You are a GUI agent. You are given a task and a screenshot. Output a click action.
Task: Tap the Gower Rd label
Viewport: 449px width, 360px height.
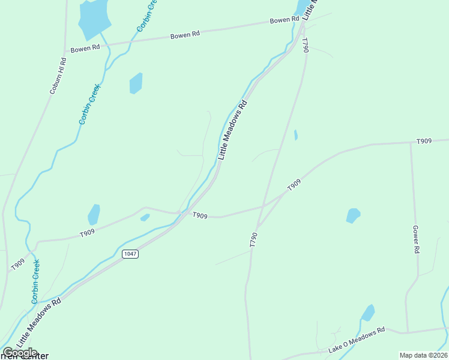pyautogui.click(x=415, y=239)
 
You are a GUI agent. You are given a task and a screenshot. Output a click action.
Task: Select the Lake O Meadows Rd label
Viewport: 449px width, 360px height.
pyautogui.click(x=356, y=340)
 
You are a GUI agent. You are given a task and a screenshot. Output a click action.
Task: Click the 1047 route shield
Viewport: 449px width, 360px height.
pyautogui.click(x=130, y=254)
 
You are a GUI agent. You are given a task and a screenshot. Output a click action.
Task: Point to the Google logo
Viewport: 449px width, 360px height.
pyautogui.click(x=20, y=353)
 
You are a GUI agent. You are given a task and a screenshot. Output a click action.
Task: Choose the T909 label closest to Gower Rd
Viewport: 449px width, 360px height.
pyautogui.click(x=424, y=142)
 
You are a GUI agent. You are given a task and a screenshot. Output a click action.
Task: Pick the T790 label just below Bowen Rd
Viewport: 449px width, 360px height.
pyautogui.click(x=305, y=46)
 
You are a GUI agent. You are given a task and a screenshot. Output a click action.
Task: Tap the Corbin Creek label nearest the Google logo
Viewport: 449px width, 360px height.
pyautogui.click(x=36, y=281)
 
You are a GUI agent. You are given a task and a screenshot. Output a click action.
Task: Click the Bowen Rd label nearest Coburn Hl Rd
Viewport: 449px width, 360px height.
pyautogui.click(x=85, y=48)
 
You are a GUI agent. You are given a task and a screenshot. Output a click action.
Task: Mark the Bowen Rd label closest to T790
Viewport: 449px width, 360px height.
pyautogui.click(x=284, y=20)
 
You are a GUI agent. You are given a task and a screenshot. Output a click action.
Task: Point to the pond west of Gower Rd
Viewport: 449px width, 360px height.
pyautogui.click(x=353, y=215)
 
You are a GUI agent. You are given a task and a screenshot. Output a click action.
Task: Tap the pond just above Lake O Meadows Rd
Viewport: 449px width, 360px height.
pyautogui.click(x=368, y=313)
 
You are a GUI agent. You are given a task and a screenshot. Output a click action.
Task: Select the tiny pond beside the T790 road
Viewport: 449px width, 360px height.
pyautogui.click(x=296, y=135)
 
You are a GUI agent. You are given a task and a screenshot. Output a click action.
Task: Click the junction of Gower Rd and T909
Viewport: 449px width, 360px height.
pyautogui.click(x=411, y=143)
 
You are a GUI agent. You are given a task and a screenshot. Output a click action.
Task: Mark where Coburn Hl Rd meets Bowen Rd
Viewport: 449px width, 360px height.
pyautogui.click(x=65, y=50)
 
